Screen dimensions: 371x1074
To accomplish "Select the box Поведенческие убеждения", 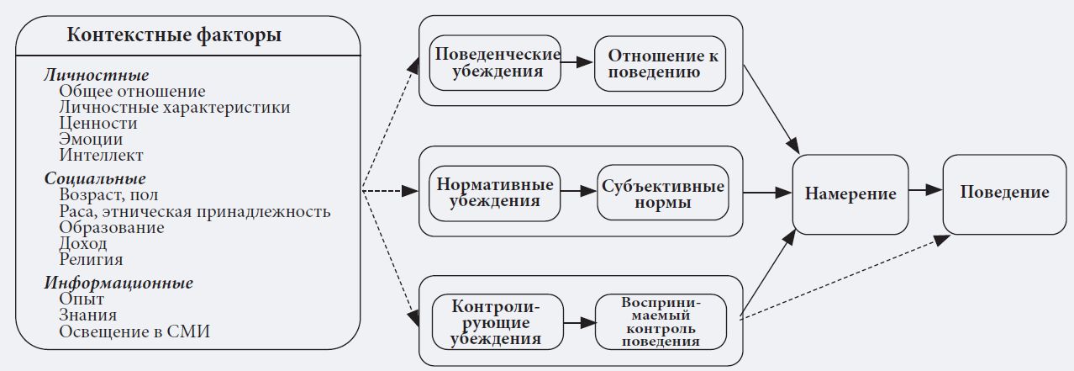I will (495, 62).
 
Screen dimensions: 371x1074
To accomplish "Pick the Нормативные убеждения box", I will (495, 193).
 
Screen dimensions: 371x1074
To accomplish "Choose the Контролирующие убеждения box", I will (496, 322).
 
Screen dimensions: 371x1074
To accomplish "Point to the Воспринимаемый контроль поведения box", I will (661, 322).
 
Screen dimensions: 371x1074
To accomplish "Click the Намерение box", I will (850, 193).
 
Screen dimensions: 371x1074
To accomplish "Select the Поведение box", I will (1005, 193).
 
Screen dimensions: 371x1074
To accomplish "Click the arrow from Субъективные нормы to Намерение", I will (761, 193).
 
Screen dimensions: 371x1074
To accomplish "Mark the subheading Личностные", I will (97, 76).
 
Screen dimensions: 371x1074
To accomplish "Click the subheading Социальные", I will (95, 179).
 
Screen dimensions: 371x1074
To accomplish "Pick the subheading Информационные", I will (118, 283).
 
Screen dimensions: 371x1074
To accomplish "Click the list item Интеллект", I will (102, 156).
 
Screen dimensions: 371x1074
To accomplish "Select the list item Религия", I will (92, 260).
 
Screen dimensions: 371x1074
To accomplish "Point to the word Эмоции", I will (91, 140).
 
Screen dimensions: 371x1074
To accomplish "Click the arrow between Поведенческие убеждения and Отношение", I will (579, 62).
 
